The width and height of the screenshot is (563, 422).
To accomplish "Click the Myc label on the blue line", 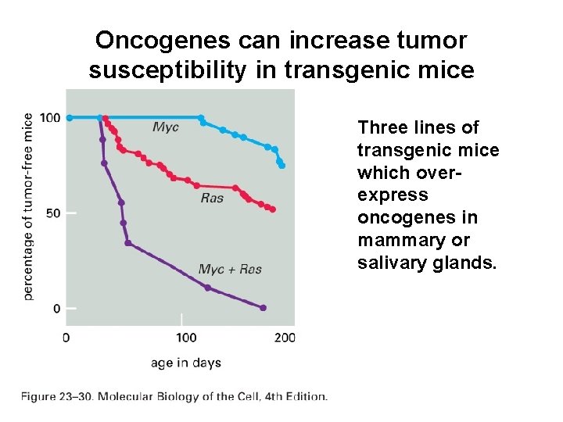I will pyautogui.click(x=165, y=127).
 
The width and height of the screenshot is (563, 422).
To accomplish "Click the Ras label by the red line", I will pyautogui.click(x=212, y=198).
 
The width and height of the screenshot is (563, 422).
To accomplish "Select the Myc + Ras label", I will pyautogui.click(x=230, y=270).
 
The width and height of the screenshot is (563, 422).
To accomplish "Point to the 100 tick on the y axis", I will pyautogui.click(x=50, y=118).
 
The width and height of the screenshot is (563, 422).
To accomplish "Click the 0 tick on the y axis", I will pyautogui.click(x=56, y=309).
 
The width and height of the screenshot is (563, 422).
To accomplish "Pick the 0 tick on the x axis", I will pyautogui.click(x=66, y=338).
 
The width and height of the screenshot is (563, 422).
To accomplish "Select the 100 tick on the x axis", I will pyautogui.click(x=186, y=338).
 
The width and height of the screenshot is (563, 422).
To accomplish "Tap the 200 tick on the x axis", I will pyautogui.click(x=285, y=338).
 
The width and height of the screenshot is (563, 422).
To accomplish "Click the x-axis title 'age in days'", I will pyautogui.click(x=187, y=363).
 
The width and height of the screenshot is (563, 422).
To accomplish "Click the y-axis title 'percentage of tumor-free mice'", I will pyautogui.click(x=28, y=206).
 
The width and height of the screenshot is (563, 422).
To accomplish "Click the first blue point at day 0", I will pyautogui.click(x=70, y=118).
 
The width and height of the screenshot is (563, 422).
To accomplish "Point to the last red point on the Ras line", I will pyautogui.click(x=273, y=209).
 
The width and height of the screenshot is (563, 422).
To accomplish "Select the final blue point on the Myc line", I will pyautogui.click(x=282, y=166).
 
